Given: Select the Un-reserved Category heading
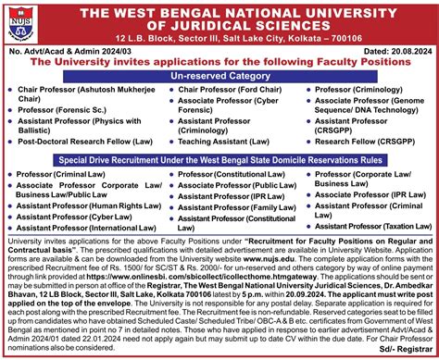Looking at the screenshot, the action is (219, 75).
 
